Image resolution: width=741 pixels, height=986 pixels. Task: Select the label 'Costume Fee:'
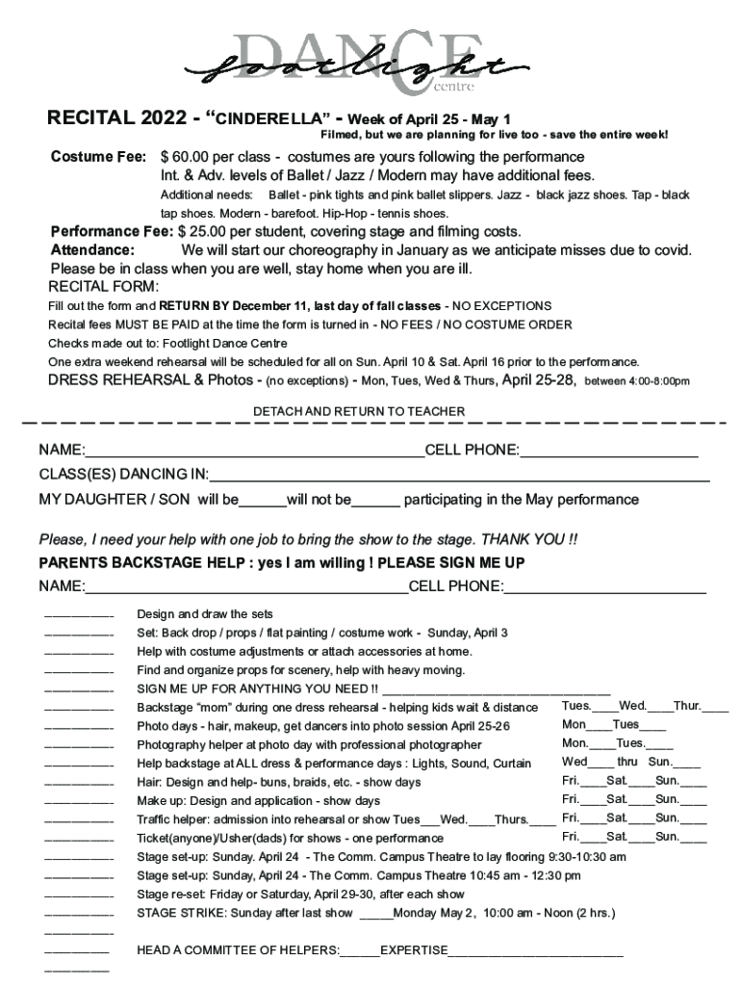(x=98, y=157)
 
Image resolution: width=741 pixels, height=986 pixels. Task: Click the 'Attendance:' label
(x=92, y=250)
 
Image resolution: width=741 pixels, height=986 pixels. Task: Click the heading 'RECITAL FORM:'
(x=104, y=287)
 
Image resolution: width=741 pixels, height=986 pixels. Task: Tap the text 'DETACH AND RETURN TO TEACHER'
(x=358, y=412)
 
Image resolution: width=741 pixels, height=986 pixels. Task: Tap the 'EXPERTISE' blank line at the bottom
(x=536, y=953)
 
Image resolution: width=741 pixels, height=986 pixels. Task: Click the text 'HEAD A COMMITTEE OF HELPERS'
(x=238, y=951)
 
